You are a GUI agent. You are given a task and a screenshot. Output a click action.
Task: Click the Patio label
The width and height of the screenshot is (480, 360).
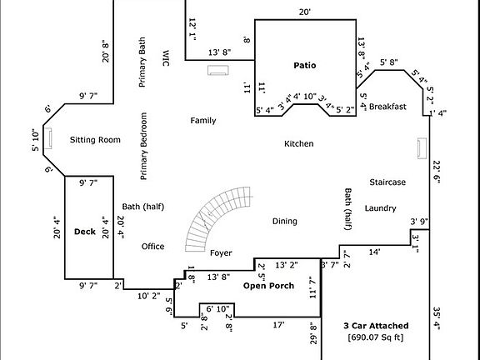coord(305,65)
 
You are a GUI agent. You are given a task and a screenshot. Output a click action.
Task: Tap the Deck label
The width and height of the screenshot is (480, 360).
coord(85,232)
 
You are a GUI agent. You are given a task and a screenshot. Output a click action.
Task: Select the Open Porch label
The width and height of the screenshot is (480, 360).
coord(268,286)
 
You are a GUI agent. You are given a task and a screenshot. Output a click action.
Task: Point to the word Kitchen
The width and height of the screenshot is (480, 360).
coord(299,143)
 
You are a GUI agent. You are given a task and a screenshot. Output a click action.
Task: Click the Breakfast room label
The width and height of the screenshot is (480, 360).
coord(387,107)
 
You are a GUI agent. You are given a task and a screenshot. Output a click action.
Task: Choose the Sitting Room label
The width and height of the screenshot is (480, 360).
coord(95,140)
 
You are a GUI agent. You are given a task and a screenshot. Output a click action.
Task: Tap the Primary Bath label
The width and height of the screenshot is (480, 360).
coord(142,62)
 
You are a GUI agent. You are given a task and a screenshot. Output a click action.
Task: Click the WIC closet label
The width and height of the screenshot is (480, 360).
coord(165,58)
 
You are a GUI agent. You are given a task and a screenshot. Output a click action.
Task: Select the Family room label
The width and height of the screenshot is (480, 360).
coord(203,121)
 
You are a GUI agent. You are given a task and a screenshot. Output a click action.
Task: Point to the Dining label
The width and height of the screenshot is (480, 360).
coord(285,222)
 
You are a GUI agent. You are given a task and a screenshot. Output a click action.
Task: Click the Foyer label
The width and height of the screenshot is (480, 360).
coord(221,253)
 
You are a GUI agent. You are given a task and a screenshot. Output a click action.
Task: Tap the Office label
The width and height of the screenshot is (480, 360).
coord(152,247)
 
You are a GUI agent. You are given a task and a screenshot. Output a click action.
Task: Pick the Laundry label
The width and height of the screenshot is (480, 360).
coord(381,208)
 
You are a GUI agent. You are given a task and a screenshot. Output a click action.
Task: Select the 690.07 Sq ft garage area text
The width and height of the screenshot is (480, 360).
coord(376,337)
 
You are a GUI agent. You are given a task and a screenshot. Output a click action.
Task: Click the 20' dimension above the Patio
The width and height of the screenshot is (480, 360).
coord(305,12)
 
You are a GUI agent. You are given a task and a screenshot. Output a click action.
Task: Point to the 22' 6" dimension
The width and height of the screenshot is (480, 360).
coord(437,172)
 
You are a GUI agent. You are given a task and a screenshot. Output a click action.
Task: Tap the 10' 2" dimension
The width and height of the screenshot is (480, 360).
coord(149,296)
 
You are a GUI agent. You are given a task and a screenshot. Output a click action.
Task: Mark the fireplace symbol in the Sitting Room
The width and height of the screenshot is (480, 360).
coord(48,138)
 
